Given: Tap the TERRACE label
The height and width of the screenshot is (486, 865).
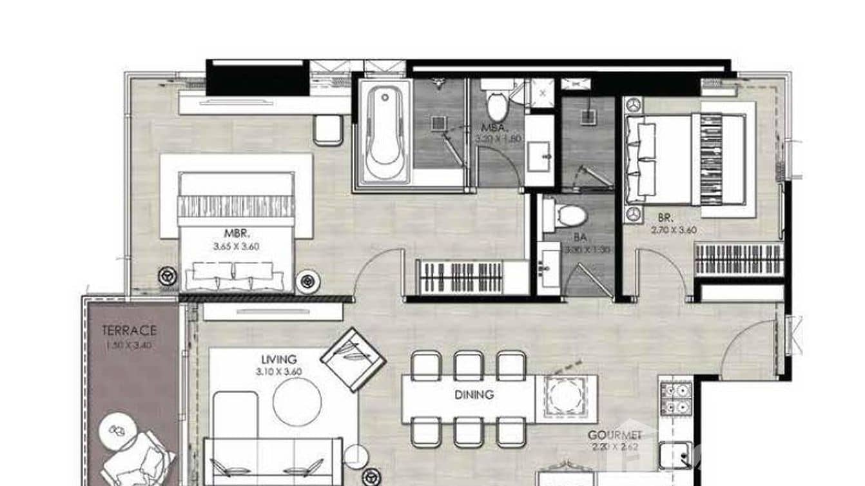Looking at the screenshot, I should [x=129, y=331].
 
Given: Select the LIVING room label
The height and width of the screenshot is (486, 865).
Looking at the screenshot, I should [x=279, y=359].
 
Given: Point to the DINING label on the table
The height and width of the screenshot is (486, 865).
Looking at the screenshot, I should [x=473, y=394].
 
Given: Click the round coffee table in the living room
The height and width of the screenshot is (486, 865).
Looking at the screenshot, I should [x=296, y=402].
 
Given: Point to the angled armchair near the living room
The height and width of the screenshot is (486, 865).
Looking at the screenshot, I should [x=353, y=359].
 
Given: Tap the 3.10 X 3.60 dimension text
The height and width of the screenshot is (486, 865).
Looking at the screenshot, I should [x=279, y=371].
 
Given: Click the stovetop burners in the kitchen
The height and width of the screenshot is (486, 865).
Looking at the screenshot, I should [x=675, y=399].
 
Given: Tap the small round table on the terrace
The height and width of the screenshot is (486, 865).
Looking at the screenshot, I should [x=118, y=431].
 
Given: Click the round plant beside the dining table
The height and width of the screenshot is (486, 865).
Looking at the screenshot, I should [x=565, y=395].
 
